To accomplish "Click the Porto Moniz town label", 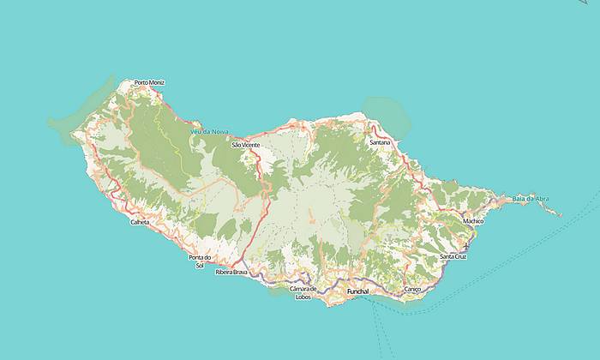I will tap(149, 82).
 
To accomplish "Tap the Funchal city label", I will tap(357, 291).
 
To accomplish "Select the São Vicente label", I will tap(245, 145).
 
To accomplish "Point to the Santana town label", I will tap(380, 141).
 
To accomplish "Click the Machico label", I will tap(473, 220).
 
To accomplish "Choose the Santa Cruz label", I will tap(453, 256).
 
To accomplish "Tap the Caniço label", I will tap(412, 290).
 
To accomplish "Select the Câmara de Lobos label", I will tap(303, 292).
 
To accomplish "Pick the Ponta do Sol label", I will tap(200, 261).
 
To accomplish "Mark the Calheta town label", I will tap(139, 222).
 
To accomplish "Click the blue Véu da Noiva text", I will tap(210, 131).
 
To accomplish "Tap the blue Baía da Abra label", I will tap(530, 199).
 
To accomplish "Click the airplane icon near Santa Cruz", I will tap(465, 245).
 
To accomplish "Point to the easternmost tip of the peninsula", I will tap(562, 214).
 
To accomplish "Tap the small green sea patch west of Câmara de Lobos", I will tap(279, 291).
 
